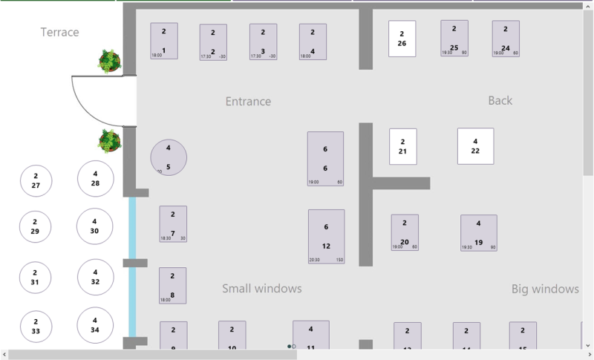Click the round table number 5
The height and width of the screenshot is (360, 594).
pyautogui.click(x=169, y=157)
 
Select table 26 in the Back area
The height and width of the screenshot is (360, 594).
pyautogui.click(x=402, y=39)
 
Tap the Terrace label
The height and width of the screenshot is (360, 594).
pyautogui.click(x=59, y=32)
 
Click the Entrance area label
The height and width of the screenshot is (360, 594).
pyautogui.click(x=248, y=101)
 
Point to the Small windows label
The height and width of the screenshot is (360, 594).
pyautogui.click(x=262, y=288)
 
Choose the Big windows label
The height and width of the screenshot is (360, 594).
pyautogui.click(x=545, y=288)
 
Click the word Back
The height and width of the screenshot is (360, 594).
pyautogui.click(x=500, y=100)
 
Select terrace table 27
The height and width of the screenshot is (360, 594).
pyautogui.click(x=36, y=181)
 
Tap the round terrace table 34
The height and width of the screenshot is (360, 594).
pyautogui.click(x=95, y=325)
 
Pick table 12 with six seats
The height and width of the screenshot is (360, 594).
pyautogui.click(x=326, y=236)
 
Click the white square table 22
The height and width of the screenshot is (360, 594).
pyautogui.click(x=475, y=146)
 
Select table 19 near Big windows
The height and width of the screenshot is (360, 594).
pyautogui.click(x=478, y=232)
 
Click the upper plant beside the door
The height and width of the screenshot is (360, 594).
pyautogui.click(x=110, y=61)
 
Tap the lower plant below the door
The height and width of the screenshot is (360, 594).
pyautogui.click(x=110, y=140)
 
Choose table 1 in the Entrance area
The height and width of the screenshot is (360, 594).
pyautogui.click(x=164, y=41)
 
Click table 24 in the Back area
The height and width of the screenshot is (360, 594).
pyautogui.click(x=506, y=39)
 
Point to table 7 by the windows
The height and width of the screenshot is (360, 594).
pyautogui.click(x=173, y=223)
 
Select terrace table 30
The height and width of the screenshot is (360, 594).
pyautogui.click(x=95, y=226)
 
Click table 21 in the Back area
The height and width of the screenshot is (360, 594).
pyautogui.click(x=402, y=146)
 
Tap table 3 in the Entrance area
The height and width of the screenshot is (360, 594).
pyautogui.click(x=263, y=42)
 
